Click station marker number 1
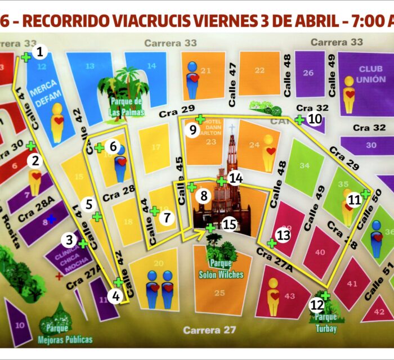click(39, 52)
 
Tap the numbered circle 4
click(115, 296)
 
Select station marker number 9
click(192, 130)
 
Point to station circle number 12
click(317, 306)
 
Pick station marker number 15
click(229, 224)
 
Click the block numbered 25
click(220, 292)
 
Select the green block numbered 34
click(305, 166)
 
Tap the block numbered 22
click(259, 70)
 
